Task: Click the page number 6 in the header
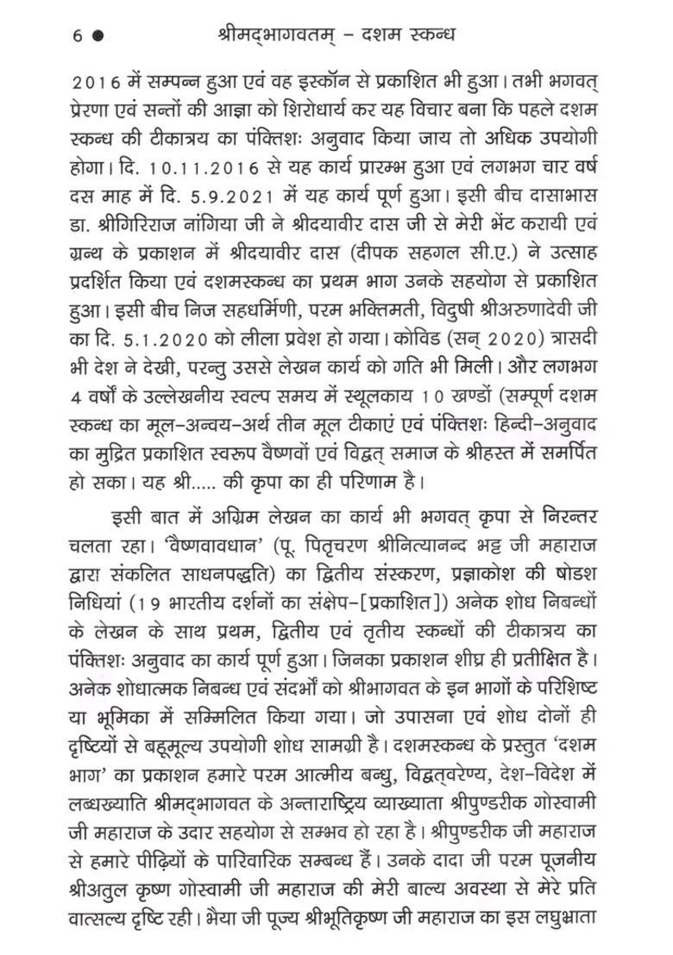click(x=78, y=35)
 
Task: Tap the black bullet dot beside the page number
click(x=97, y=35)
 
